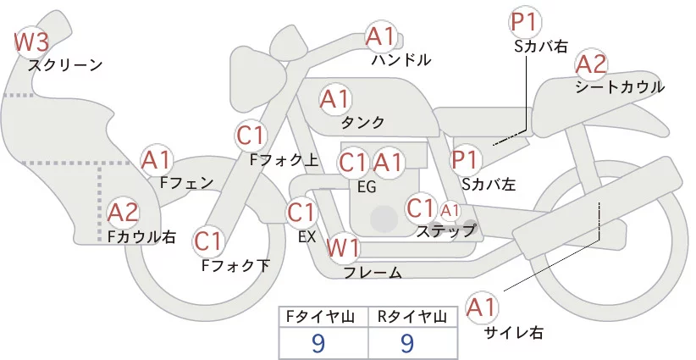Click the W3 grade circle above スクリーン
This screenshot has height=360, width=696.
[x=32, y=42]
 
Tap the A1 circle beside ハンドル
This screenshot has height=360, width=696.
[x=380, y=36]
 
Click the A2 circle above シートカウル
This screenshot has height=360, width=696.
[x=591, y=64]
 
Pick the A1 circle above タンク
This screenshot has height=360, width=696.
[x=335, y=98]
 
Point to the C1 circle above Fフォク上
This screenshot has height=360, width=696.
[x=252, y=134]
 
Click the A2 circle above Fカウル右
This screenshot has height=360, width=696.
[x=124, y=211]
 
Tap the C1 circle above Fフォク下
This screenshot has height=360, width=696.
[x=208, y=241]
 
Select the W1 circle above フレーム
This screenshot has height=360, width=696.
[x=343, y=248]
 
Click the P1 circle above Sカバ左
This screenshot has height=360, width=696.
[x=467, y=158]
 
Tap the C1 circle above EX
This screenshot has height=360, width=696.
[x=302, y=211]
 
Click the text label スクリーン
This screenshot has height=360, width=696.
[x=65, y=65]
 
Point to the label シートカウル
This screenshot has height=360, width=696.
[x=620, y=86]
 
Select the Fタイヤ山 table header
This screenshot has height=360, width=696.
[x=323, y=317]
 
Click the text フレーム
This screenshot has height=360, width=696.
[x=373, y=273]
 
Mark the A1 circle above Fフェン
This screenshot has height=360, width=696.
[x=157, y=158]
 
